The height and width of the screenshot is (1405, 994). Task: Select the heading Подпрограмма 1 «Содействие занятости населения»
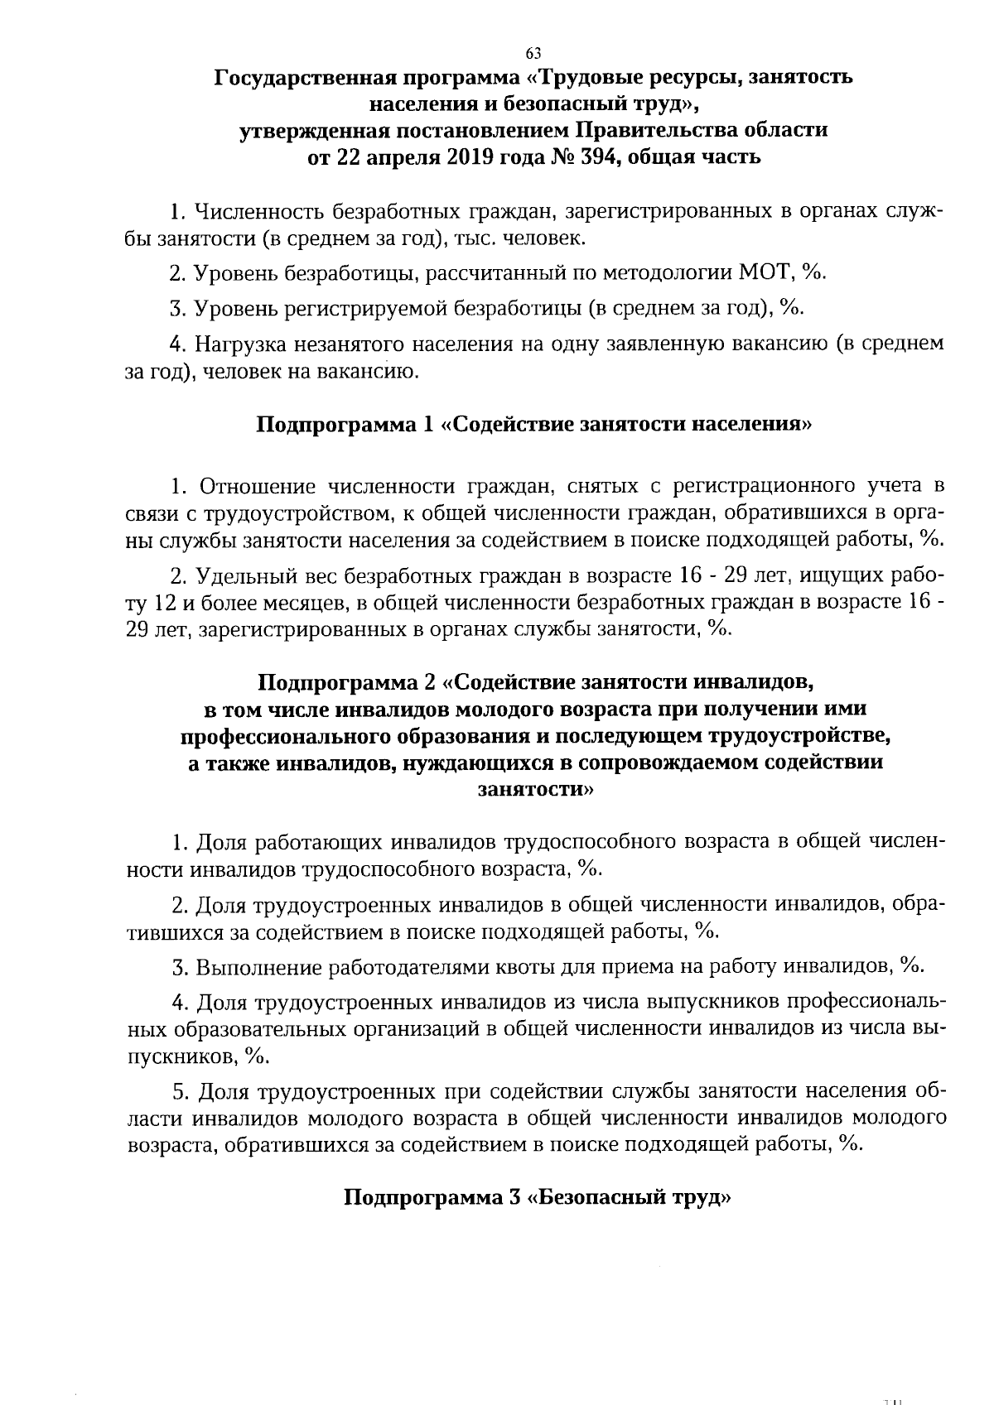(533, 425)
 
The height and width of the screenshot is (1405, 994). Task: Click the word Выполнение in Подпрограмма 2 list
(258, 966)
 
